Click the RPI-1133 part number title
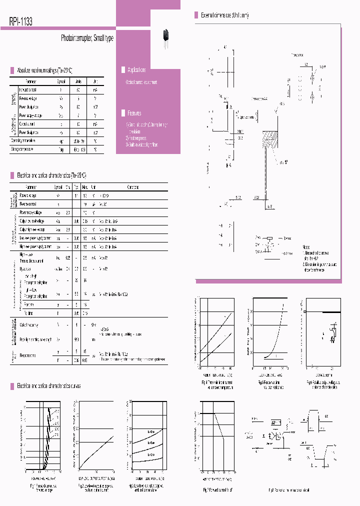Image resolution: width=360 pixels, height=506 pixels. (x=21, y=21)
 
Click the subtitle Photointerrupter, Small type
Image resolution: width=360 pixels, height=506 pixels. (x=87, y=38)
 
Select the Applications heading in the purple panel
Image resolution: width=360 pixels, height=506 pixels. (x=136, y=70)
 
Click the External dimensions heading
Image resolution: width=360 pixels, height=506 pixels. (x=224, y=15)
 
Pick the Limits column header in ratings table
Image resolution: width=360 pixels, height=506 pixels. (x=78, y=81)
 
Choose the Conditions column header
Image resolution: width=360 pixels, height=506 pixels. (x=133, y=187)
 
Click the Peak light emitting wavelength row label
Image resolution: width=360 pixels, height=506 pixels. (x=35, y=339)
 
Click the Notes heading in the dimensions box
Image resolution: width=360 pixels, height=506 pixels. (x=306, y=247)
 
